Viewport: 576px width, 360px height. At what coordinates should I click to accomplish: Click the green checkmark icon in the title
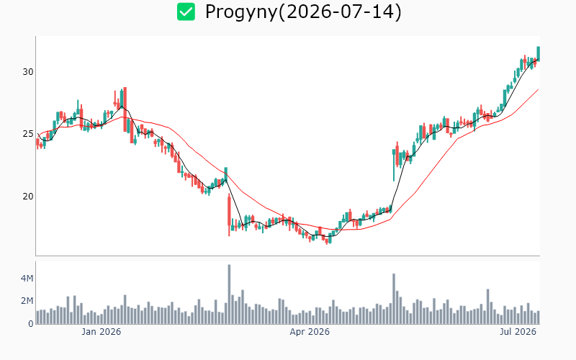(x=186, y=12)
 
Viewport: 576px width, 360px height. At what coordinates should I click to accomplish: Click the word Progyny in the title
(x=240, y=12)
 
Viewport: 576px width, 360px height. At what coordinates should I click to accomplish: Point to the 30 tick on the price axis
(x=28, y=72)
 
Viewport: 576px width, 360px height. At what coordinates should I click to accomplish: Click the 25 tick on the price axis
(x=28, y=134)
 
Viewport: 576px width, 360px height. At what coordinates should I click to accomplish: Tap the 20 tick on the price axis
(x=28, y=197)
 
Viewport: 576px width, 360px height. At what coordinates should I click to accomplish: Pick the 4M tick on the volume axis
(x=27, y=279)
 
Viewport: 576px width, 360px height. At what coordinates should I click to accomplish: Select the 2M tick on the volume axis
(x=27, y=301)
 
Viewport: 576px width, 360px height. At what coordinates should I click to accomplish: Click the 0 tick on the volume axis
(x=31, y=324)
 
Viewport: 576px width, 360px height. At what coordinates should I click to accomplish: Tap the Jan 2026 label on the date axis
(x=101, y=332)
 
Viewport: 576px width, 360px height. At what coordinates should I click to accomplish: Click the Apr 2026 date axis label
(x=310, y=332)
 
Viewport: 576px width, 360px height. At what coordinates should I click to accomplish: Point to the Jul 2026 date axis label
(x=518, y=332)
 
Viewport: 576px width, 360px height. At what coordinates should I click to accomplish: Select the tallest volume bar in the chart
(x=229, y=294)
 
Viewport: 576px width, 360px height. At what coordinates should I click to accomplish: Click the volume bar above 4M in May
(x=394, y=299)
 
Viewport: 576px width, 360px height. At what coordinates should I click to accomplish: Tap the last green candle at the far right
(x=538, y=53)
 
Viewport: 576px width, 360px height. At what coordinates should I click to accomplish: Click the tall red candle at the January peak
(x=125, y=109)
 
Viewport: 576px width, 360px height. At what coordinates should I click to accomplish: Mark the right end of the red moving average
(x=539, y=89)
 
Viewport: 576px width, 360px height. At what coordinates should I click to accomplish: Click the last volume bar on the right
(x=538, y=318)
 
